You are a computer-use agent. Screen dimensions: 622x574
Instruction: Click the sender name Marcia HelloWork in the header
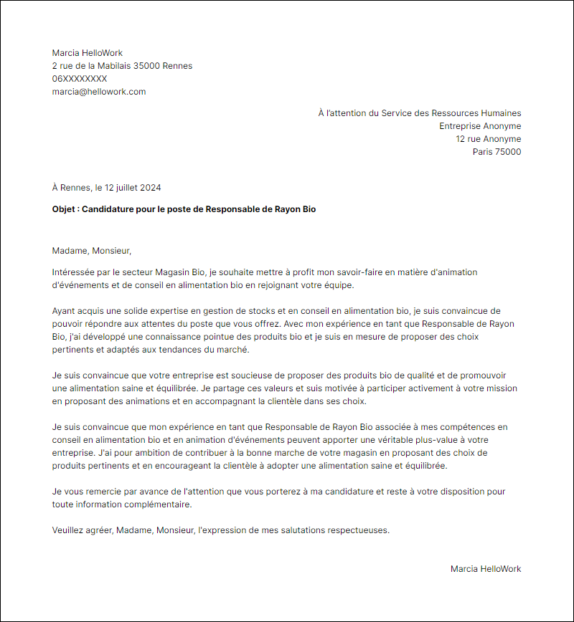pyautogui.click(x=88, y=53)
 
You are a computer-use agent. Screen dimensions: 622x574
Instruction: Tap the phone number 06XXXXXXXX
pyautogui.click(x=80, y=79)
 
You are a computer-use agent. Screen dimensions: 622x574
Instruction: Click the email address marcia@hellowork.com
pyautogui.click(x=99, y=92)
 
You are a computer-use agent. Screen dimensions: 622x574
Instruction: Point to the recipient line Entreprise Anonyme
pyautogui.click(x=480, y=126)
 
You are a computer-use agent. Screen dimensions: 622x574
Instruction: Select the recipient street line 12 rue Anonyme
pyautogui.click(x=489, y=139)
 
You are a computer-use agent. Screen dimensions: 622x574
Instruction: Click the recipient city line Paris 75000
pyautogui.click(x=497, y=152)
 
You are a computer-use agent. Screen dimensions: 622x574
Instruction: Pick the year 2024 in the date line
pyautogui.click(x=151, y=188)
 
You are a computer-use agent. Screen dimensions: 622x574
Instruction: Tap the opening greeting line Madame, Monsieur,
pyautogui.click(x=93, y=251)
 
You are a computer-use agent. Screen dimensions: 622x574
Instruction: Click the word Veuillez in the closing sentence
pyautogui.click(x=70, y=530)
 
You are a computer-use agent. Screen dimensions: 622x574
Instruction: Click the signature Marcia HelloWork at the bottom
pyautogui.click(x=486, y=569)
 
